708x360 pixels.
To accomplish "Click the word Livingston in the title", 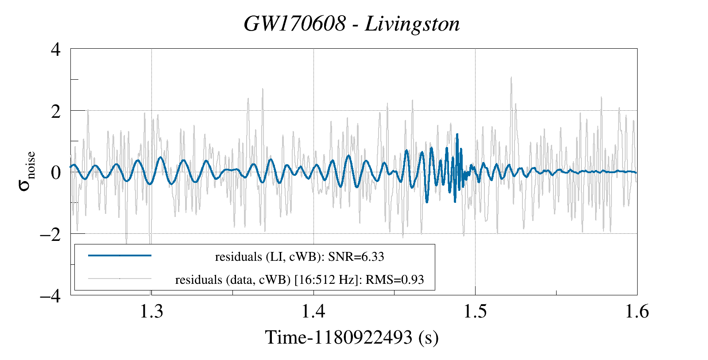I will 412,23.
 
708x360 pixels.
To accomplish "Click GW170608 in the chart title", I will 294,23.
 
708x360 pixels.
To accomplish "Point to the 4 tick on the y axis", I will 55,49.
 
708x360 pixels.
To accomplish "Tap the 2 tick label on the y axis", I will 55,111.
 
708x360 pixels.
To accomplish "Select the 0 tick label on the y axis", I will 55,172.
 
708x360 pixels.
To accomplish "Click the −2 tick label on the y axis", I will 50,234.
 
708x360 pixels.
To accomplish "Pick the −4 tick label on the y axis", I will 50,295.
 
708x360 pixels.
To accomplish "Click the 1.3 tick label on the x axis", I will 151,312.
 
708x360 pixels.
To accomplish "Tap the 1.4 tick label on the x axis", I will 313,312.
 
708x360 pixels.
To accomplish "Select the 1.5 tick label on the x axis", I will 475,312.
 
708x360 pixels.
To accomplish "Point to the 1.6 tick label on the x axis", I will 637,312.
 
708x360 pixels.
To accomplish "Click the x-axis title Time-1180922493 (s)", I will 352,337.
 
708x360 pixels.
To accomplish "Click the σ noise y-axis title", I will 27,171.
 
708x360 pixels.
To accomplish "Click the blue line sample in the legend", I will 120,255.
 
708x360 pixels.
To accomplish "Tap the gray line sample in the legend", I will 120,279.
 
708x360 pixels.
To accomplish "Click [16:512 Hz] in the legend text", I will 326,280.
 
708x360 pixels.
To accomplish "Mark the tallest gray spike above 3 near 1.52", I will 511,77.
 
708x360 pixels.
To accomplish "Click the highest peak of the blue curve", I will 457,134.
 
